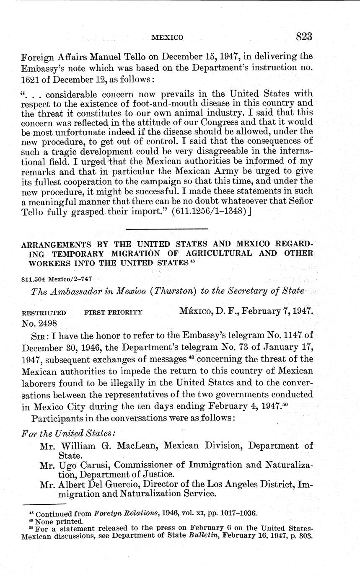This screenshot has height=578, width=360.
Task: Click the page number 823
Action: click(304, 36)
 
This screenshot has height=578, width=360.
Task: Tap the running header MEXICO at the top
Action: click(167, 38)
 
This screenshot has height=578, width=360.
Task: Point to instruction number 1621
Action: click(31, 80)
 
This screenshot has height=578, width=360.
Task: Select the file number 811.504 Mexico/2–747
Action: click(57, 279)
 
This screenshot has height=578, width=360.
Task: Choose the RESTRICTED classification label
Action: click(44, 313)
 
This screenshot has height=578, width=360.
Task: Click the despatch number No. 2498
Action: click(39, 323)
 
